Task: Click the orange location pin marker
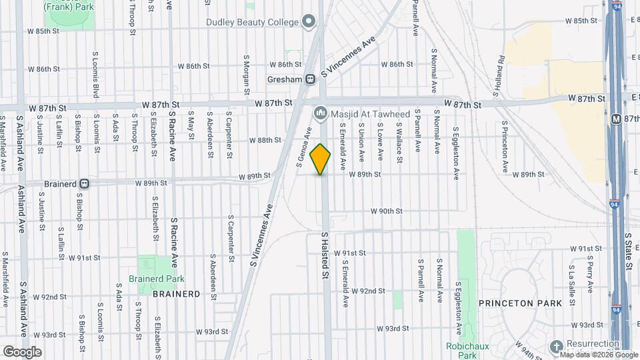(x=321, y=159)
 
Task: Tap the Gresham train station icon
(x=310, y=79)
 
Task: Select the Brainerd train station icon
(x=85, y=183)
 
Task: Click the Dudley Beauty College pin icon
(x=309, y=22)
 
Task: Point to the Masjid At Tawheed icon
(x=320, y=113)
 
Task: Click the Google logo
(x=22, y=351)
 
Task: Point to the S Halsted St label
(x=325, y=255)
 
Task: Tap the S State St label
(x=628, y=252)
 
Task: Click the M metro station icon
(x=616, y=119)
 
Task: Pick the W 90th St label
(x=387, y=211)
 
